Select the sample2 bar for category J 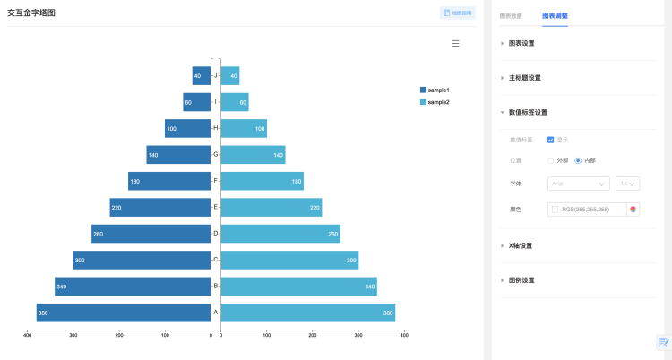230,75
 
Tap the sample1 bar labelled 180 169,181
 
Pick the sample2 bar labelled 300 289,260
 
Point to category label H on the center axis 216,128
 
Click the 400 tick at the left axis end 28,336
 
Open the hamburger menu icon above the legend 455,43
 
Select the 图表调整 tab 555,16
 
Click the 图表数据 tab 511,16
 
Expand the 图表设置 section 521,43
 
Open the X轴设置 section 521,245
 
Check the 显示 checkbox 551,140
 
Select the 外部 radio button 551,160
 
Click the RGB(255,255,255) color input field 587,210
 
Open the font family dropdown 578,184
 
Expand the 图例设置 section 521,280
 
